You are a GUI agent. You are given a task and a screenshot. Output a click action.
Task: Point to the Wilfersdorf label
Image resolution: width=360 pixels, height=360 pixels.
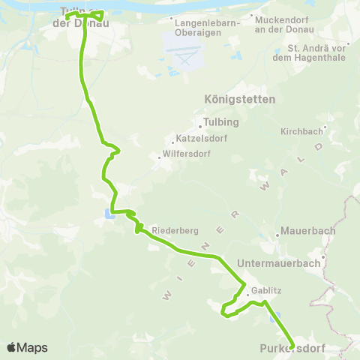click(186, 156)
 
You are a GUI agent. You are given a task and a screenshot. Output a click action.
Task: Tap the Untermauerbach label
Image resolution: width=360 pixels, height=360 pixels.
click(278, 263)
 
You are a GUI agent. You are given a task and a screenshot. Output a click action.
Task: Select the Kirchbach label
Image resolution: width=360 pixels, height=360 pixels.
click(300, 130)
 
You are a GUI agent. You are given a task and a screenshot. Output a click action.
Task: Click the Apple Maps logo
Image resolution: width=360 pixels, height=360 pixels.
click(27, 347)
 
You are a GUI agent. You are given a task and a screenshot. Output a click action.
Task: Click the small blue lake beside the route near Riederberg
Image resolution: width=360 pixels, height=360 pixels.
click(109, 217)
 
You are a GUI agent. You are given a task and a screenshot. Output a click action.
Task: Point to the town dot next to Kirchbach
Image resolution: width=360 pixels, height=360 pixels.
click(325, 127)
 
